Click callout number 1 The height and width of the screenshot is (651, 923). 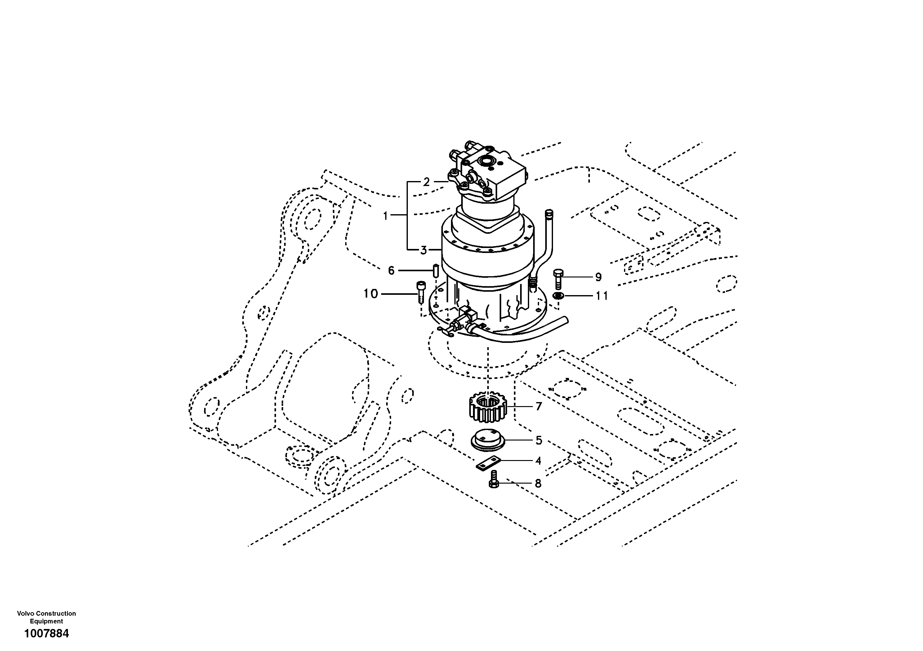tap(385, 216)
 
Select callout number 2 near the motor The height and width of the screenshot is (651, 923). tap(426, 182)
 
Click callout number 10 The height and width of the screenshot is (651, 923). tap(371, 294)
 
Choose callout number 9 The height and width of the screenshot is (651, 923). tap(598, 277)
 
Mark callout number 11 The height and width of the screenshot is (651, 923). tap(601, 296)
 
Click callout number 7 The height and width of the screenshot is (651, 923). tap(539, 407)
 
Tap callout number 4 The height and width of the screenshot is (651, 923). tap(538, 461)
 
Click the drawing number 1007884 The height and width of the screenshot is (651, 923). tap(47, 634)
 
